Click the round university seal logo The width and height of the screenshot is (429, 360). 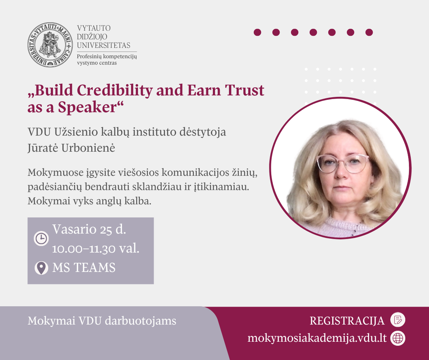tap(50, 45)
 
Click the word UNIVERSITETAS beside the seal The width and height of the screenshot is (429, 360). tap(103, 45)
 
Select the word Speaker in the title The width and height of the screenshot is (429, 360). tap(87, 107)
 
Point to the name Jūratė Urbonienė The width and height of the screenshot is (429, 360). tap(71, 148)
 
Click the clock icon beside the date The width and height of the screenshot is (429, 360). tap(41, 238)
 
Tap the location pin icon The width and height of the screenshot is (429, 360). tap(41, 268)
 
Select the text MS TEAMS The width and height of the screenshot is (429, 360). tap(84, 268)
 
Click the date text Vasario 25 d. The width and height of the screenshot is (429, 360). tap(89, 229)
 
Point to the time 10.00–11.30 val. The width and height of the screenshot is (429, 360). tap(96, 249)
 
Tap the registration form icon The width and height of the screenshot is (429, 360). tap(398, 320)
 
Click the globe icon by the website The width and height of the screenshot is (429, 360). tap(398, 338)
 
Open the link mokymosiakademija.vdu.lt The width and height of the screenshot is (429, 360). tap(317, 338)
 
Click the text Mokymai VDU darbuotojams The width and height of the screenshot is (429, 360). tap(102, 321)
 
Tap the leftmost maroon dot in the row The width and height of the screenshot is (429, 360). tap(257, 32)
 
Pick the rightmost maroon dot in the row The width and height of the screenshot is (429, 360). tap(369, 32)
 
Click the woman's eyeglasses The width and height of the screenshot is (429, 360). tap(343, 164)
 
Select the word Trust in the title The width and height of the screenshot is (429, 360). tap(244, 91)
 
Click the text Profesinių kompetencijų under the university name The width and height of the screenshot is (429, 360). tap(107, 57)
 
